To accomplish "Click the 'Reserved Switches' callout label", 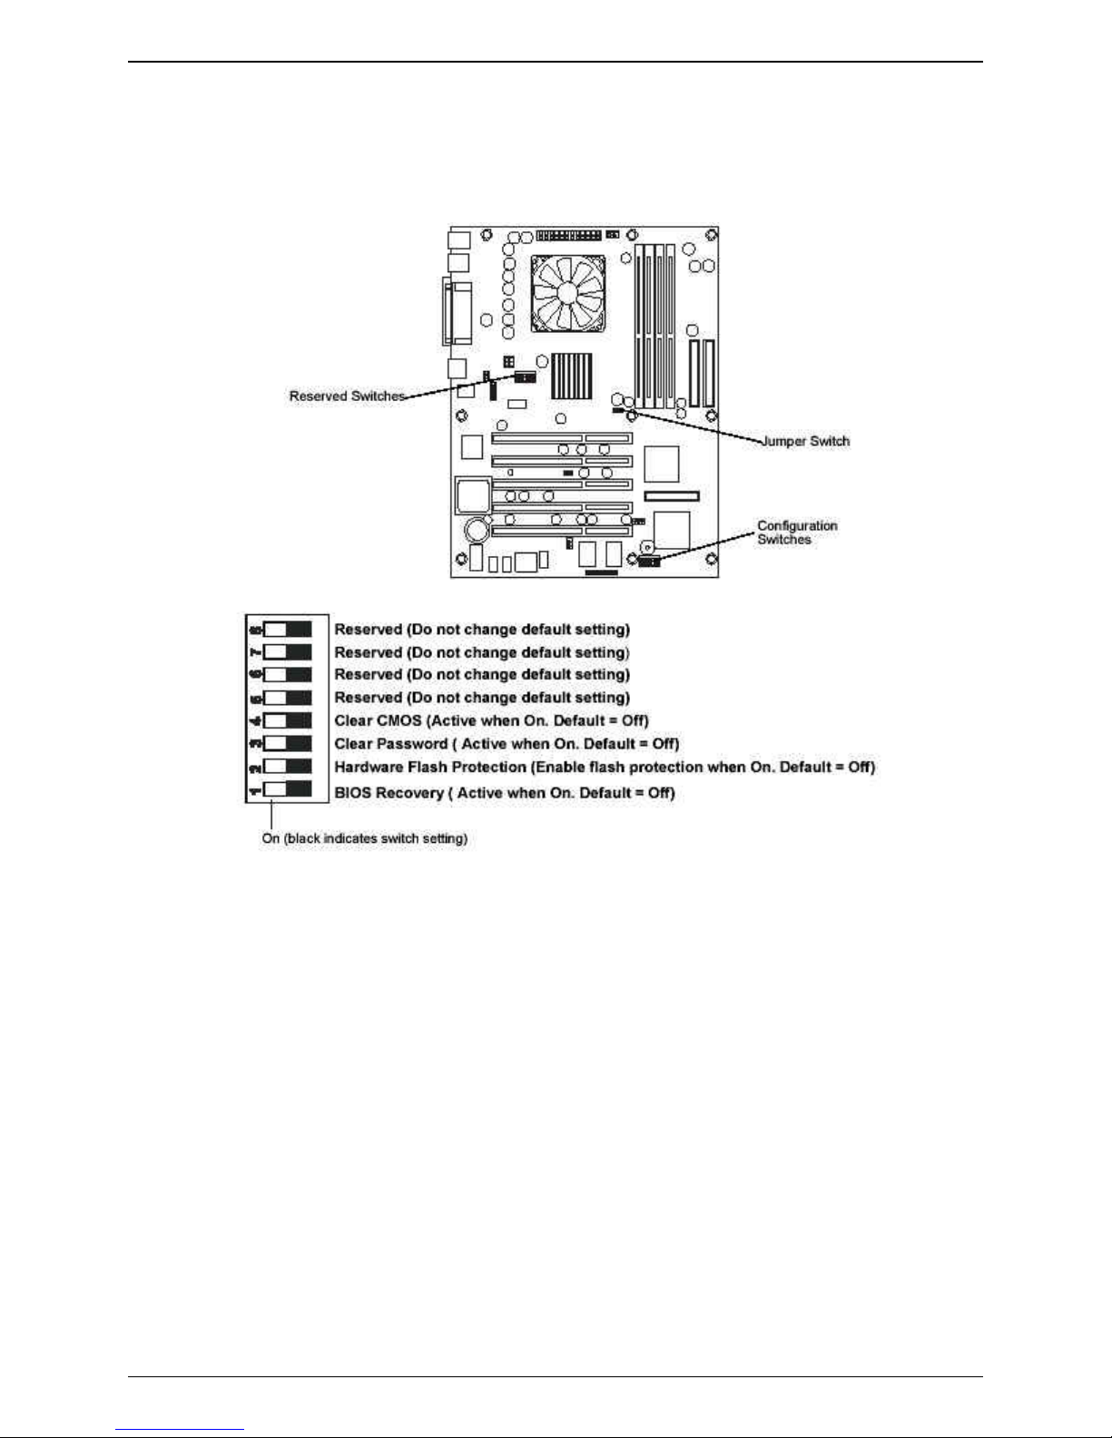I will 347,396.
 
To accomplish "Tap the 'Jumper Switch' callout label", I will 805,442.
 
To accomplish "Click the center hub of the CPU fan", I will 568,291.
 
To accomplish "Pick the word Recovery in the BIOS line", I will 409,793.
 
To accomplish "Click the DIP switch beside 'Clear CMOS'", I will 287,721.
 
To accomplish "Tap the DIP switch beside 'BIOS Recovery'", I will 287,789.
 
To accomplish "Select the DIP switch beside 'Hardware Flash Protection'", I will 287,768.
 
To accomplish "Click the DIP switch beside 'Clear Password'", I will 287,744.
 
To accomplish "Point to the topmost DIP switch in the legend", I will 287,629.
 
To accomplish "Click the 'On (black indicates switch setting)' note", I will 365,839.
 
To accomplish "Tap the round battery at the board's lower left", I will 475,528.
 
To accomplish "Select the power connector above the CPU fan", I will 568,236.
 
